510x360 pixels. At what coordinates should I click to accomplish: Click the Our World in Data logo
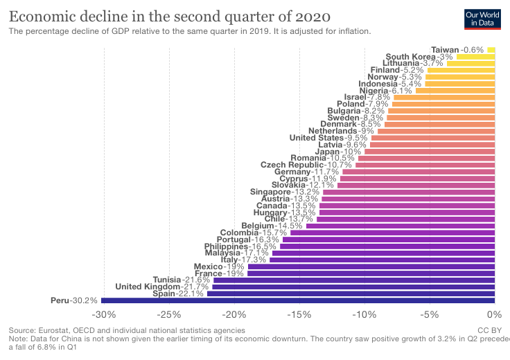click(x=483, y=19)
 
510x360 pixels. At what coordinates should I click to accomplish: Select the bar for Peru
click(x=298, y=300)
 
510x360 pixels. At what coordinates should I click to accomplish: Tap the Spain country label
click(x=166, y=294)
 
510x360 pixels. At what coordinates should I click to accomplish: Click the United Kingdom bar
click(x=353, y=287)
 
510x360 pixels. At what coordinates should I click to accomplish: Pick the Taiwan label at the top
click(x=445, y=50)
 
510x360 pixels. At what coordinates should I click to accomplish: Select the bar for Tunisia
click(x=353, y=280)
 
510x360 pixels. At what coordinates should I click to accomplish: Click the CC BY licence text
click(x=489, y=331)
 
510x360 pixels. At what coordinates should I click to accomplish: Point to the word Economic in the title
click(x=41, y=16)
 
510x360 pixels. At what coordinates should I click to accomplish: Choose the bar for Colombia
click(x=392, y=233)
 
